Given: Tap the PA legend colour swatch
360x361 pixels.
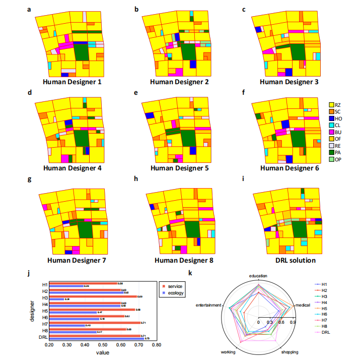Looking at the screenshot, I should click(331, 152).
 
